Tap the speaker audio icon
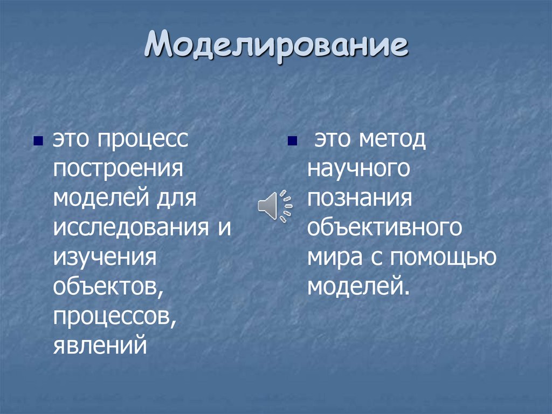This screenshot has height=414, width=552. click(x=274, y=206)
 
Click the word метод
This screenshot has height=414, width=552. click(x=390, y=141)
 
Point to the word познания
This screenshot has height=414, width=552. click(x=360, y=199)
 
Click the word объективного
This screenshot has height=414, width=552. click(x=385, y=227)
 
